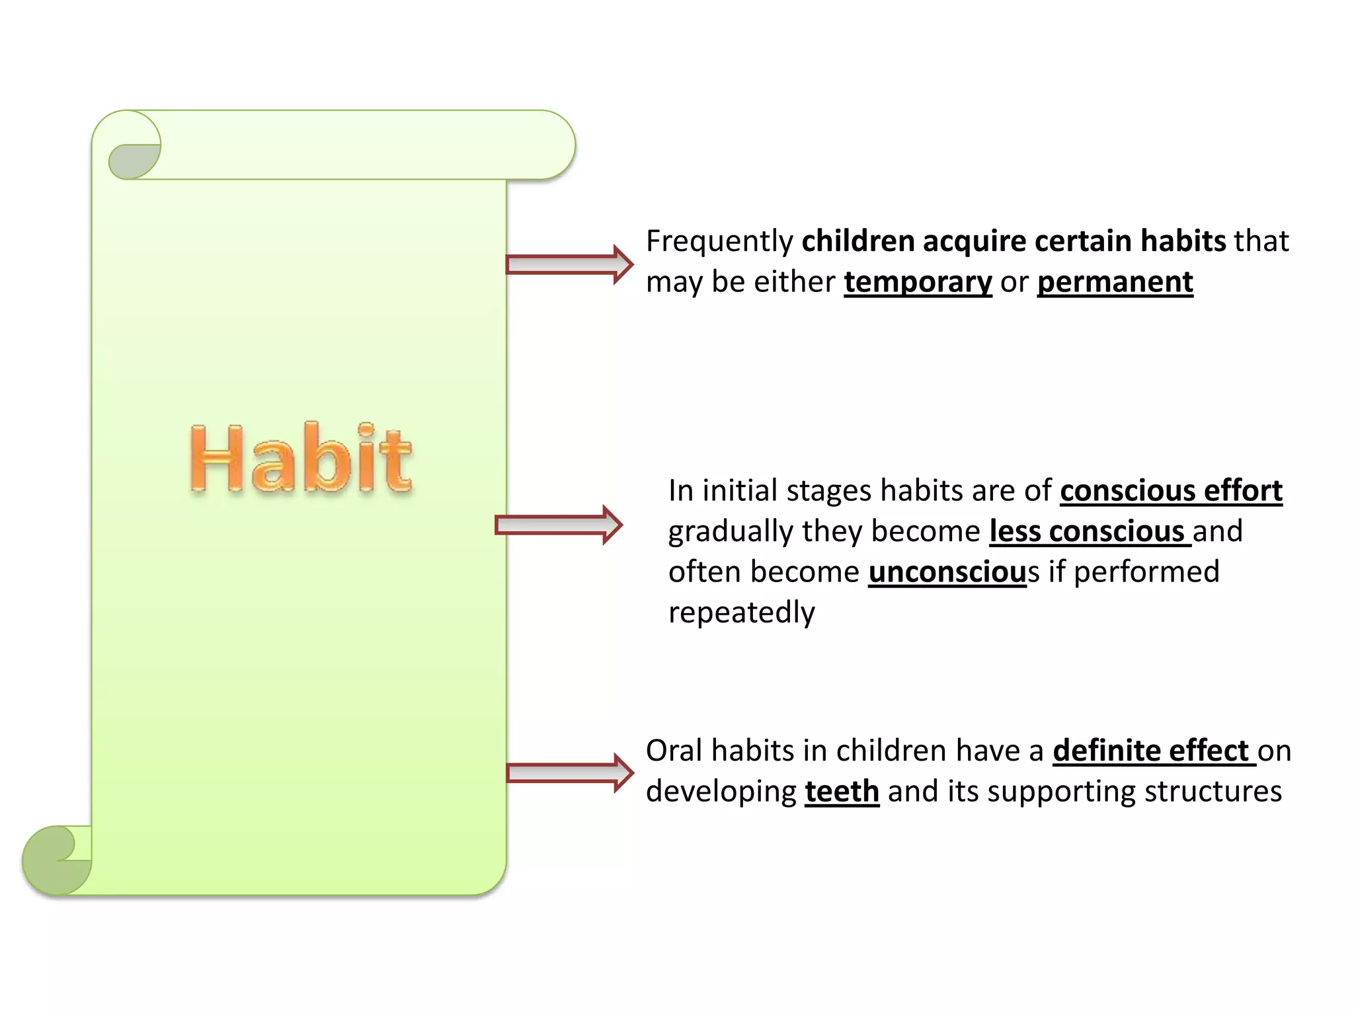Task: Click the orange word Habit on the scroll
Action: [301, 459]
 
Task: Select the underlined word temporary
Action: [918, 282]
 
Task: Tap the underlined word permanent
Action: [1115, 282]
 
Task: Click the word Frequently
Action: [719, 241]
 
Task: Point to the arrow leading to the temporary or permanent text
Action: [569, 264]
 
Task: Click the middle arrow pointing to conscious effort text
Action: [559, 525]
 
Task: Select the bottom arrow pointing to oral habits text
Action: [569, 772]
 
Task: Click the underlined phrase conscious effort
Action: [1171, 491]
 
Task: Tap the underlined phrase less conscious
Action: [1089, 532]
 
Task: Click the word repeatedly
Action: [741, 613]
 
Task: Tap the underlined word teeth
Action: [842, 792]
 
